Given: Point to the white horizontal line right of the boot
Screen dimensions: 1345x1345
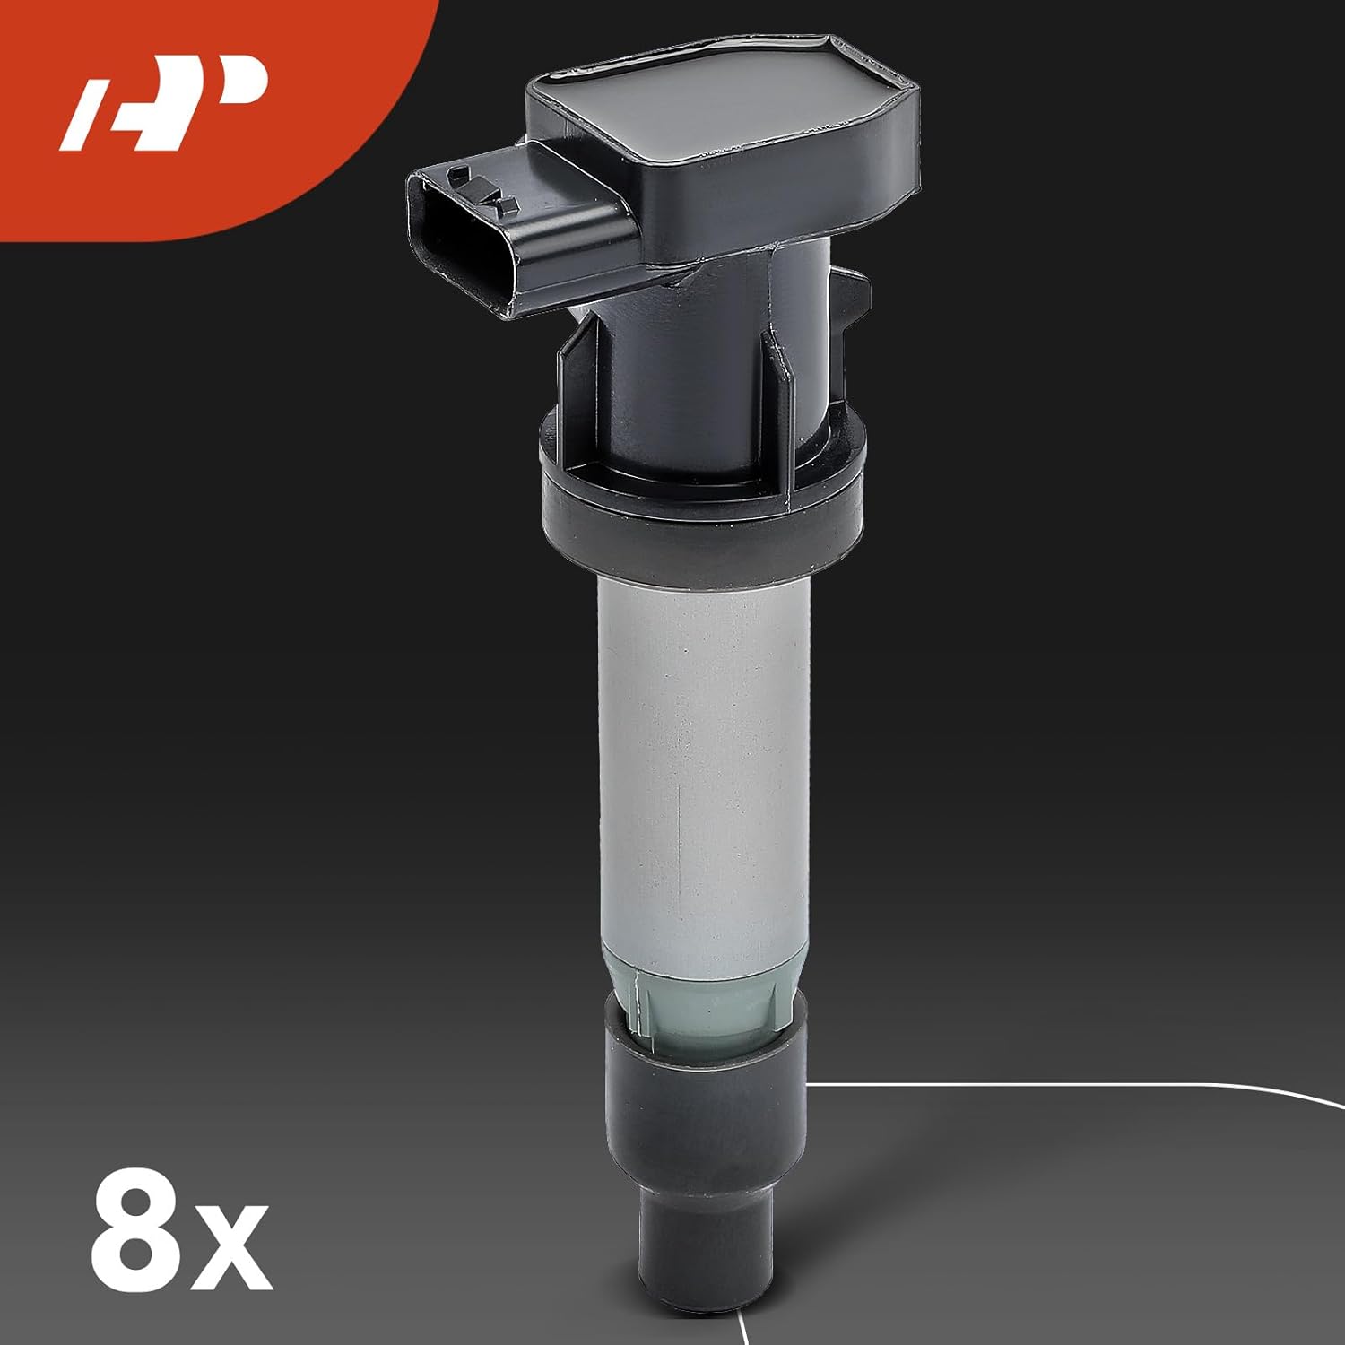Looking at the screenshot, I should (1031, 1084).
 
